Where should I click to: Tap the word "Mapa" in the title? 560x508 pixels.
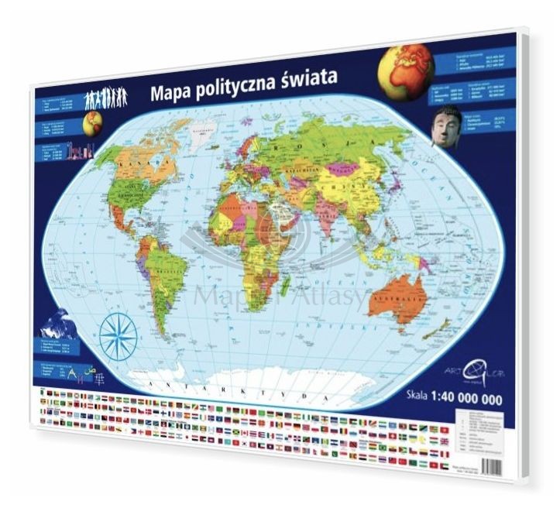[x=171, y=94]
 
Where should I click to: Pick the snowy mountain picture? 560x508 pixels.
[x=58, y=324]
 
